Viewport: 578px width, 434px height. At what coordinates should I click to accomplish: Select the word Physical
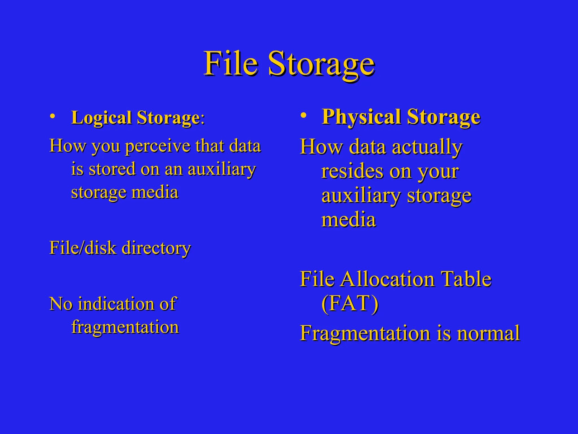click(362, 117)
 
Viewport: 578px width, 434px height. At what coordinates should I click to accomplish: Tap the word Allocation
click(387, 279)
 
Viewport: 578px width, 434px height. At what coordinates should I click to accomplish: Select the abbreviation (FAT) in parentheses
click(350, 303)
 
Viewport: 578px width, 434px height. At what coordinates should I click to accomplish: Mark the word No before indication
click(61, 304)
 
